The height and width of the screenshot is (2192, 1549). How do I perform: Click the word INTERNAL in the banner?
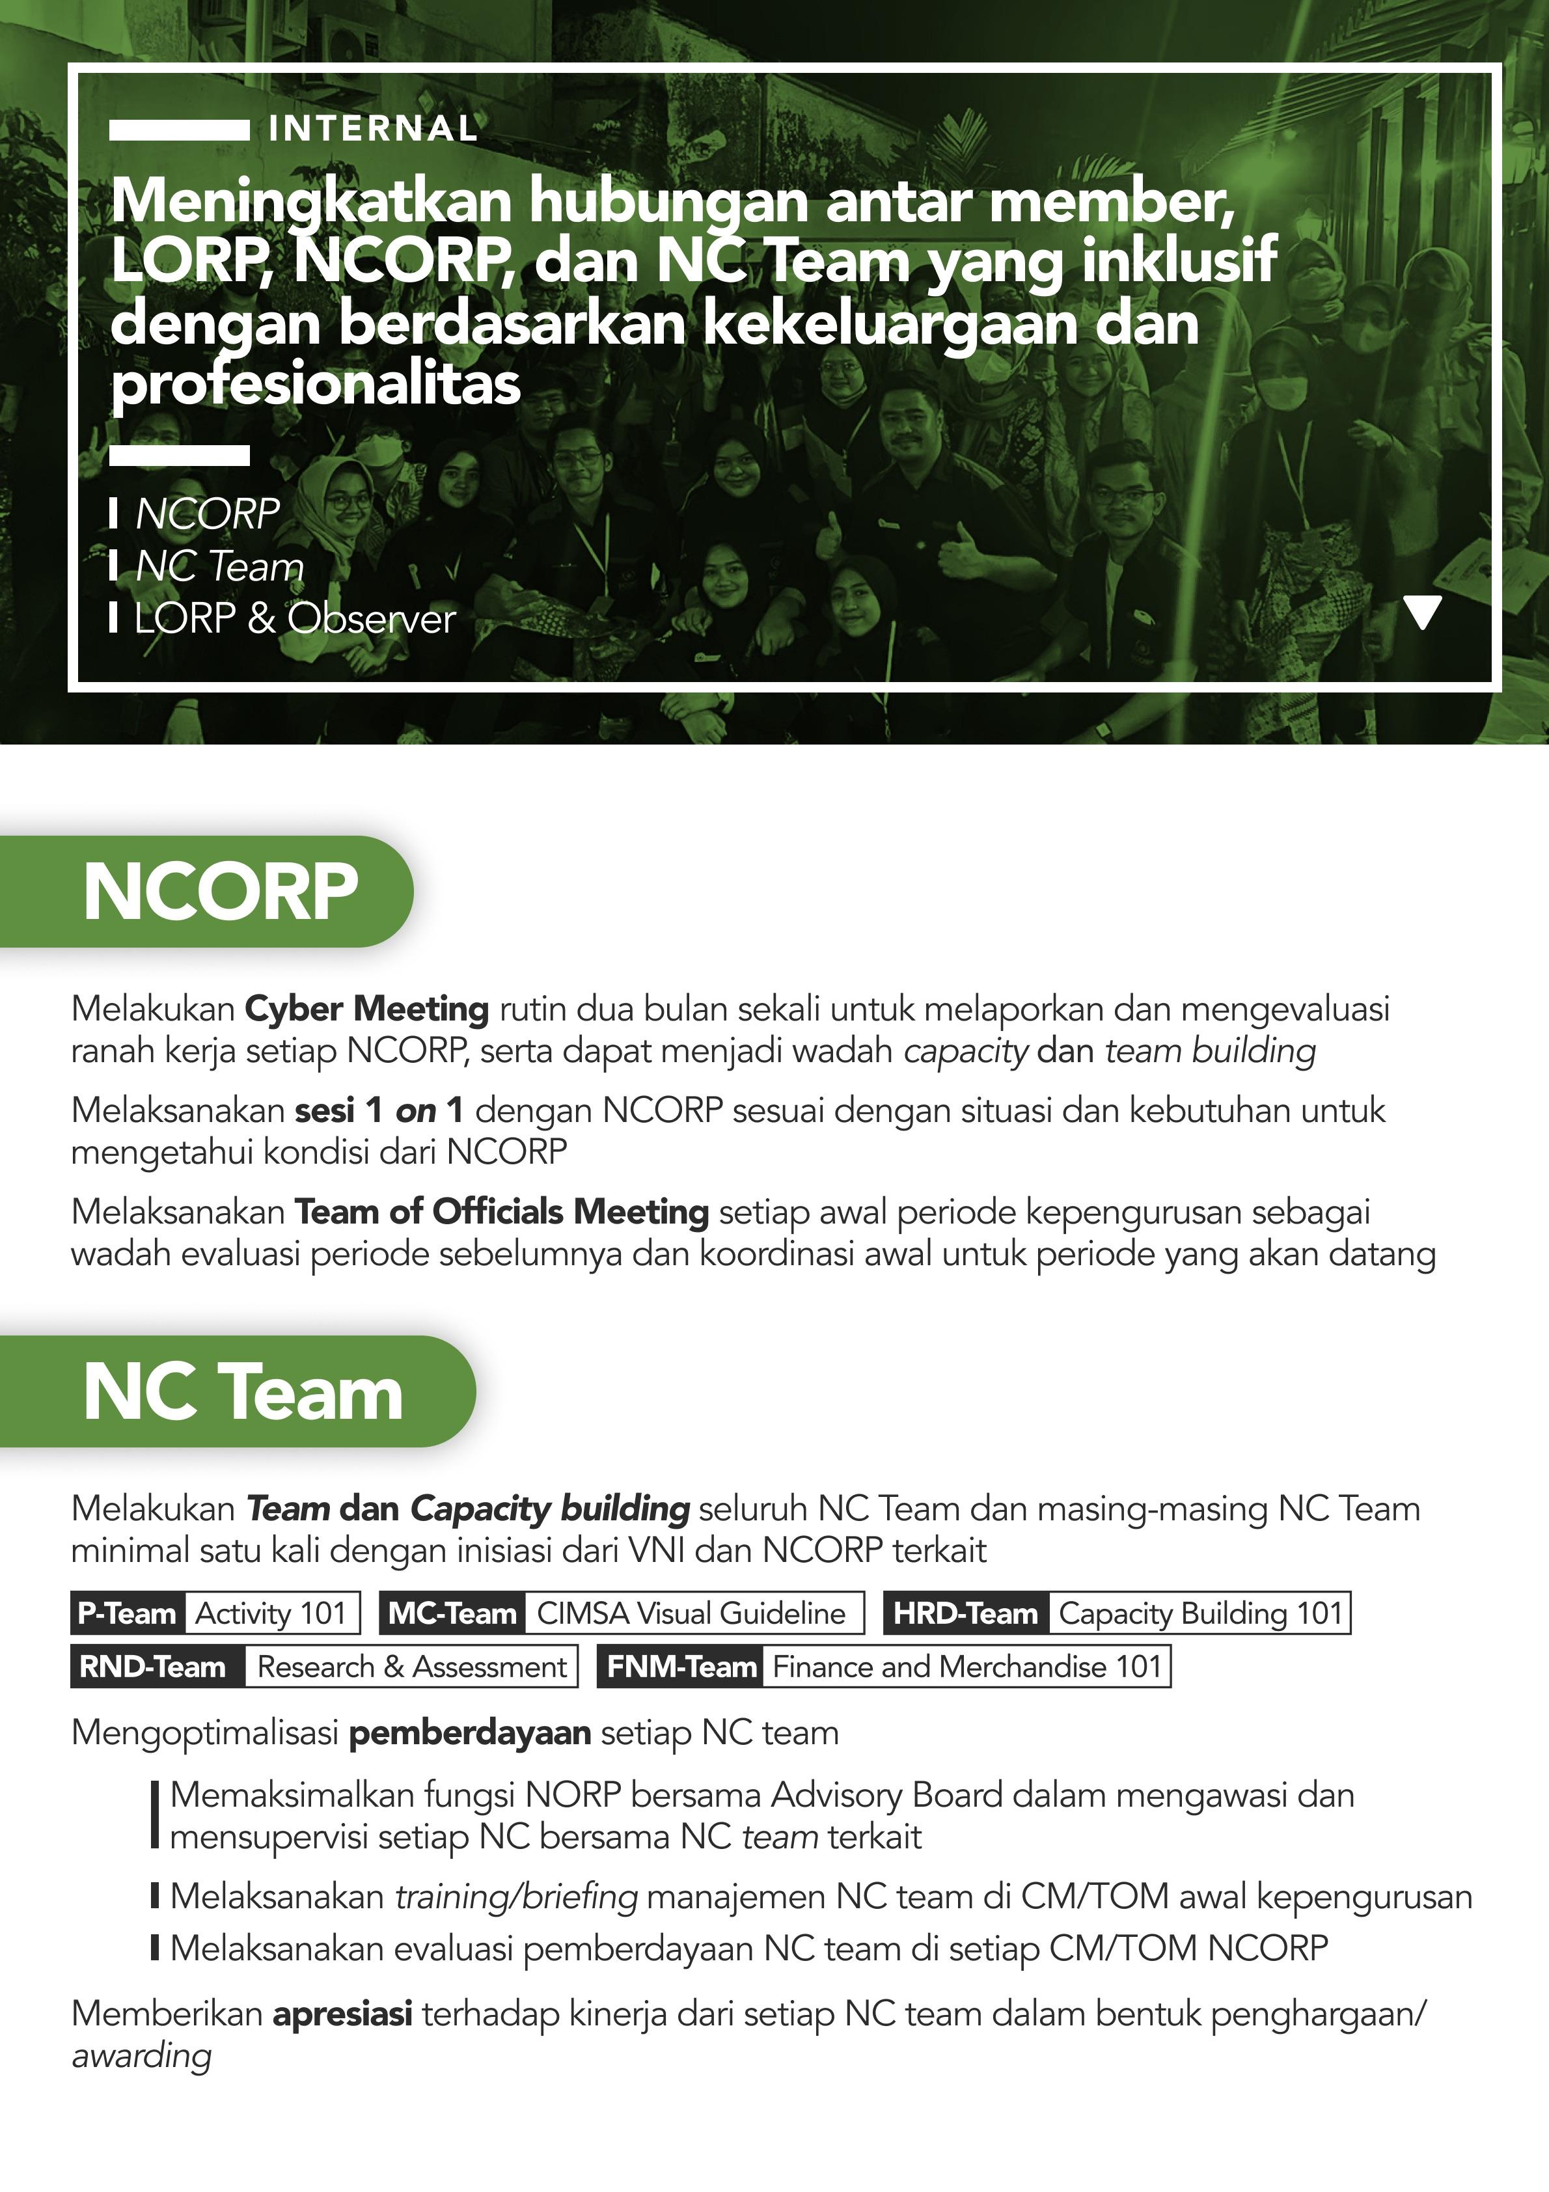(x=372, y=129)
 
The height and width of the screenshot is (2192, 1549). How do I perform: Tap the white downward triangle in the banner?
(x=1423, y=612)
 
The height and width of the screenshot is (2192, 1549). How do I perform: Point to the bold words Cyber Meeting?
(x=366, y=1008)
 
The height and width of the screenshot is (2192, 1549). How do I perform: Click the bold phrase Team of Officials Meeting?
(x=501, y=1211)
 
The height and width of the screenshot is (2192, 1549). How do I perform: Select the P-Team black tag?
(x=127, y=1613)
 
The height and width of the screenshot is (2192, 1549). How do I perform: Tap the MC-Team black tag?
(x=452, y=1613)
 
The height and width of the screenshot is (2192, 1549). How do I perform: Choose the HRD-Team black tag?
(x=965, y=1613)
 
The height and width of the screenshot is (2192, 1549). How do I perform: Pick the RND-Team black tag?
(x=153, y=1667)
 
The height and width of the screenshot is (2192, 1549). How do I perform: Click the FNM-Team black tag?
(x=681, y=1667)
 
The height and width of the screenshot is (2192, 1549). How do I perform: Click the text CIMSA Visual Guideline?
(x=691, y=1613)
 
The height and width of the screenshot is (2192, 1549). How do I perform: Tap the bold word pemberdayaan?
(x=470, y=1733)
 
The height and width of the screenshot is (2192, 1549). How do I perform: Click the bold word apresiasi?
(x=343, y=2014)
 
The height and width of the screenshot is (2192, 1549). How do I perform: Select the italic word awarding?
(x=141, y=2055)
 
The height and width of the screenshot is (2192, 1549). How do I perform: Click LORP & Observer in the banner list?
(x=295, y=619)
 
